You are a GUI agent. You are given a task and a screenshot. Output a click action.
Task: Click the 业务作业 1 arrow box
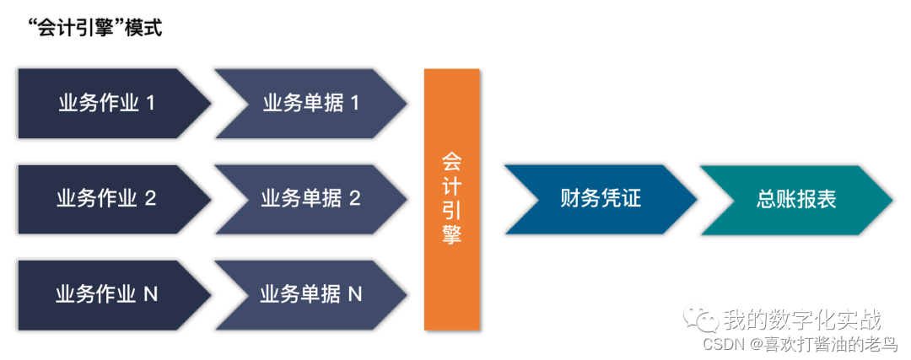[x=110, y=104]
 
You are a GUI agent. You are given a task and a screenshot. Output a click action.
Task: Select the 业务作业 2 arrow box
[x=110, y=199]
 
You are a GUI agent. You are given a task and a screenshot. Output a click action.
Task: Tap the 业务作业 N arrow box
[x=110, y=294]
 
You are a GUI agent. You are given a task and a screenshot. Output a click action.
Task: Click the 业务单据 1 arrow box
[x=308, y=104]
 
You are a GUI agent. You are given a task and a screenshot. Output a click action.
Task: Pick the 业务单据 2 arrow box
[x=308, y=199]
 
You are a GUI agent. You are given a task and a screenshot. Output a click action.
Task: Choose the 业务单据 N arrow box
[x=308, y=294]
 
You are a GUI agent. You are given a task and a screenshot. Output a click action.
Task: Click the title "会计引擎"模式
[x=93, y=28]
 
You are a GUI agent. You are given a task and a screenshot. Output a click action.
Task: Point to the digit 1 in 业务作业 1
[x=150, y=104]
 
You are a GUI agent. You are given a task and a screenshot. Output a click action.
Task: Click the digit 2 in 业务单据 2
[x=354, y=199]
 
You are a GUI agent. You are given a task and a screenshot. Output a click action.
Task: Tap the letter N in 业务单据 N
[x=355, y=294]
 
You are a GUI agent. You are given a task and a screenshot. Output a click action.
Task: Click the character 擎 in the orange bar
[x=452, y=234]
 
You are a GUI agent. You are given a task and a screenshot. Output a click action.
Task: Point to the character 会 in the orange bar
[x=452, y=161]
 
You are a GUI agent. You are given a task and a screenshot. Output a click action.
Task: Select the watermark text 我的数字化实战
[x=802, y=320]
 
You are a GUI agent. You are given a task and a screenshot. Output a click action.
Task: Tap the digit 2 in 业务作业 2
[x=150, y=199]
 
